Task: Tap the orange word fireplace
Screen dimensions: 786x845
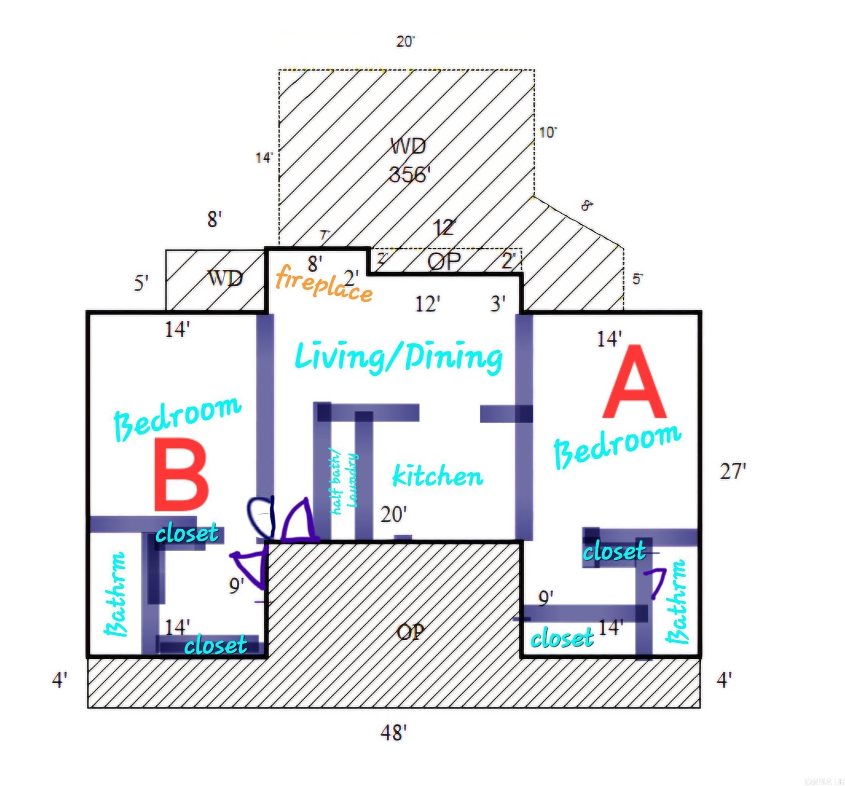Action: click(x=324, y=283)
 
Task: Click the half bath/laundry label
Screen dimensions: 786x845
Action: click(x=344, y=484)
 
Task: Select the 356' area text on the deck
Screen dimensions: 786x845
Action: click(x=410, y=174)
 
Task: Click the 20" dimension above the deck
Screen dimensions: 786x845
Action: click(x=405, y=42)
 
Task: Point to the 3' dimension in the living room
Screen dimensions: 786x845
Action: click(x=498, y=304)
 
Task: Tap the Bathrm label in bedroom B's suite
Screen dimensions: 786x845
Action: click(x=116, y=594)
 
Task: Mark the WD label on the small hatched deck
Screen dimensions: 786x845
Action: click(x=225, y=279)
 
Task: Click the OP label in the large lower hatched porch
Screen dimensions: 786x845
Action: click(x=410, y=633)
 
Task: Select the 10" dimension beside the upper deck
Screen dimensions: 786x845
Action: click(x=548, y=133)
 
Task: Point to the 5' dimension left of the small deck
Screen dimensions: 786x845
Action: click(x=141, y=283)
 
